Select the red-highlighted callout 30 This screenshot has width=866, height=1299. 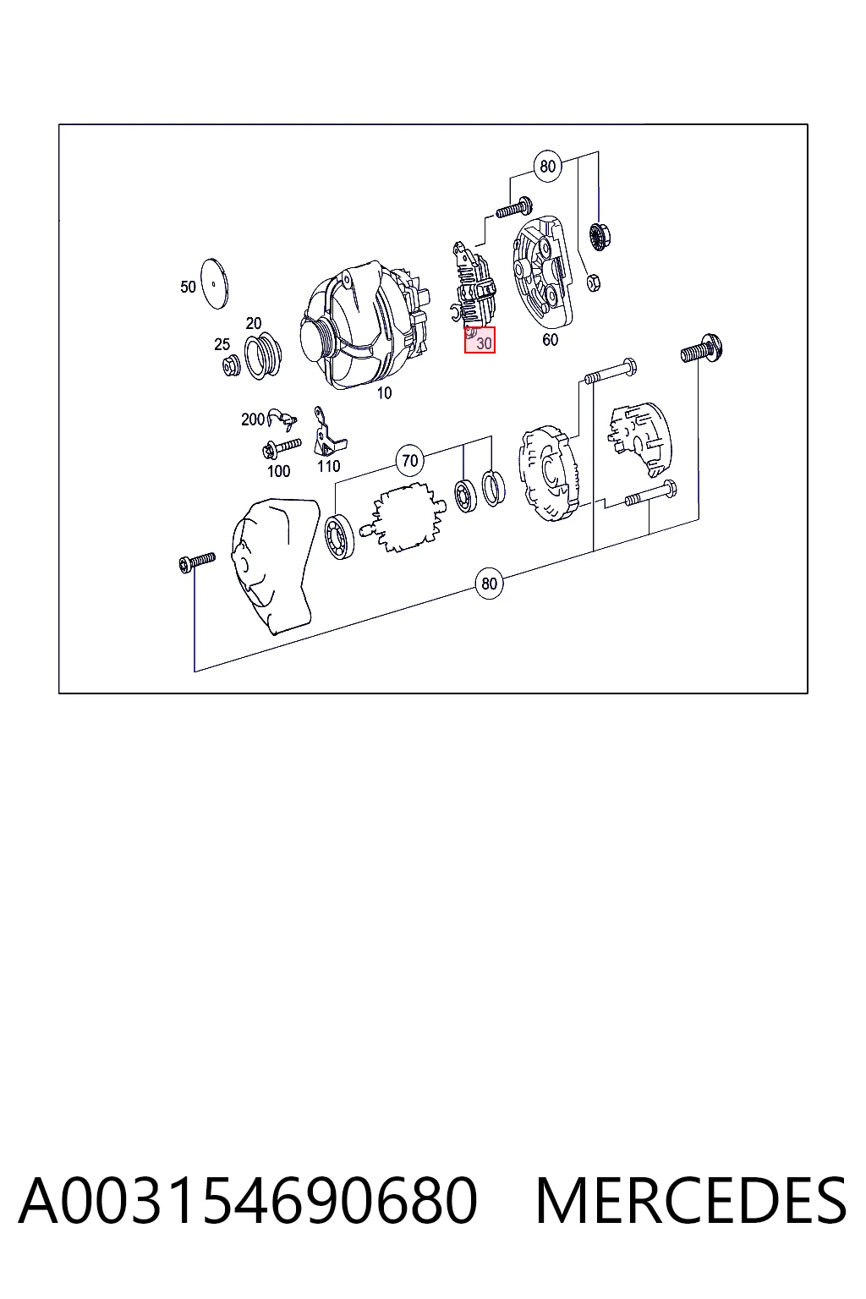480,340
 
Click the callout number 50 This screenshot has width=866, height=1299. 188,287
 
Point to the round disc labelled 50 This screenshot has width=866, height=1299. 214,283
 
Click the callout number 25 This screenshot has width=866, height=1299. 222,344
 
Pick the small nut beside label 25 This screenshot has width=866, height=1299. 232,366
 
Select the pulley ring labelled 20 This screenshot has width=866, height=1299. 263,356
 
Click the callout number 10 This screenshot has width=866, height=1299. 384,393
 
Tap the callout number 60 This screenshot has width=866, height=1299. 550,339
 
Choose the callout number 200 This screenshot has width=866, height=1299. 253,419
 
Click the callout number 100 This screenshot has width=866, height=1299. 278,471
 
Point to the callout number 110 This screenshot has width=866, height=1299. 329,466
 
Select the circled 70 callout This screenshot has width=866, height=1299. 410,460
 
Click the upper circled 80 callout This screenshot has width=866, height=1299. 547,167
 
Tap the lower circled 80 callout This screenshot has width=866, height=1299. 489,584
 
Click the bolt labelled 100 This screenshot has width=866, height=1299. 282,447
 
